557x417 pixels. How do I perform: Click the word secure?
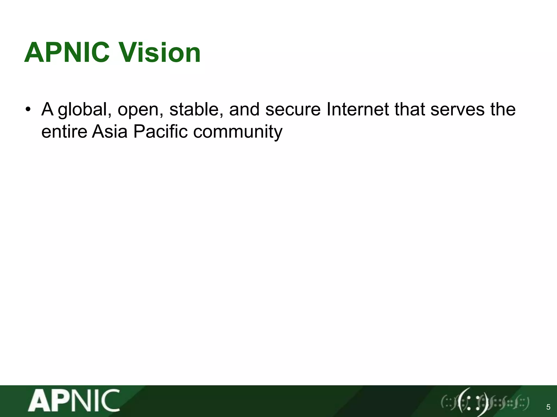(x=293, y=110)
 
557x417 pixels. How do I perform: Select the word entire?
(x=64, y=132)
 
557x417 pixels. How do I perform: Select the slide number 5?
(x=548, y=407)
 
